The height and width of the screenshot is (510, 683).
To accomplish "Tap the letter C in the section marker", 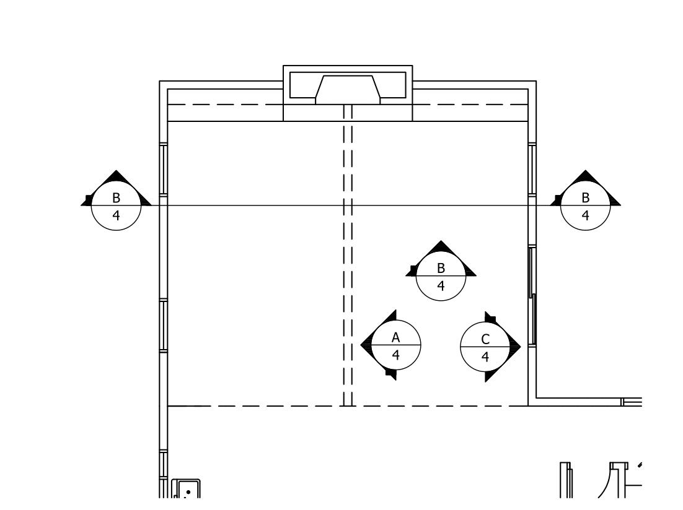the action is pos(485,339).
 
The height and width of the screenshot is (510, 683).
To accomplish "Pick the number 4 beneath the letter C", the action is pos(485,357).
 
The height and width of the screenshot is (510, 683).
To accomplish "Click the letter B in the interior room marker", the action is pos(441,268).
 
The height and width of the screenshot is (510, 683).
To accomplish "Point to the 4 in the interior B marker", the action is pos(441,286).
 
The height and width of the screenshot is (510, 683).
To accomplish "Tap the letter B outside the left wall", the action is pos(116,198).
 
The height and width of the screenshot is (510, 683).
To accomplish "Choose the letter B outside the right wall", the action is pos(585,198).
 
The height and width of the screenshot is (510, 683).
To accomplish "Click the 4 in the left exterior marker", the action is pos(116,216).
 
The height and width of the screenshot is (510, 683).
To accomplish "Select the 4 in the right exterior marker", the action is pos(585,216).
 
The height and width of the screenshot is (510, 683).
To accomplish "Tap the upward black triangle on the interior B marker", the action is pos(441,249).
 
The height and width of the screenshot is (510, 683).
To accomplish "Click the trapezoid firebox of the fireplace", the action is pos(347,87).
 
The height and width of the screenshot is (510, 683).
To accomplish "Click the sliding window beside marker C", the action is pos(532,296).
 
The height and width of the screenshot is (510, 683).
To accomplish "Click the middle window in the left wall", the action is pos(164,326).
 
